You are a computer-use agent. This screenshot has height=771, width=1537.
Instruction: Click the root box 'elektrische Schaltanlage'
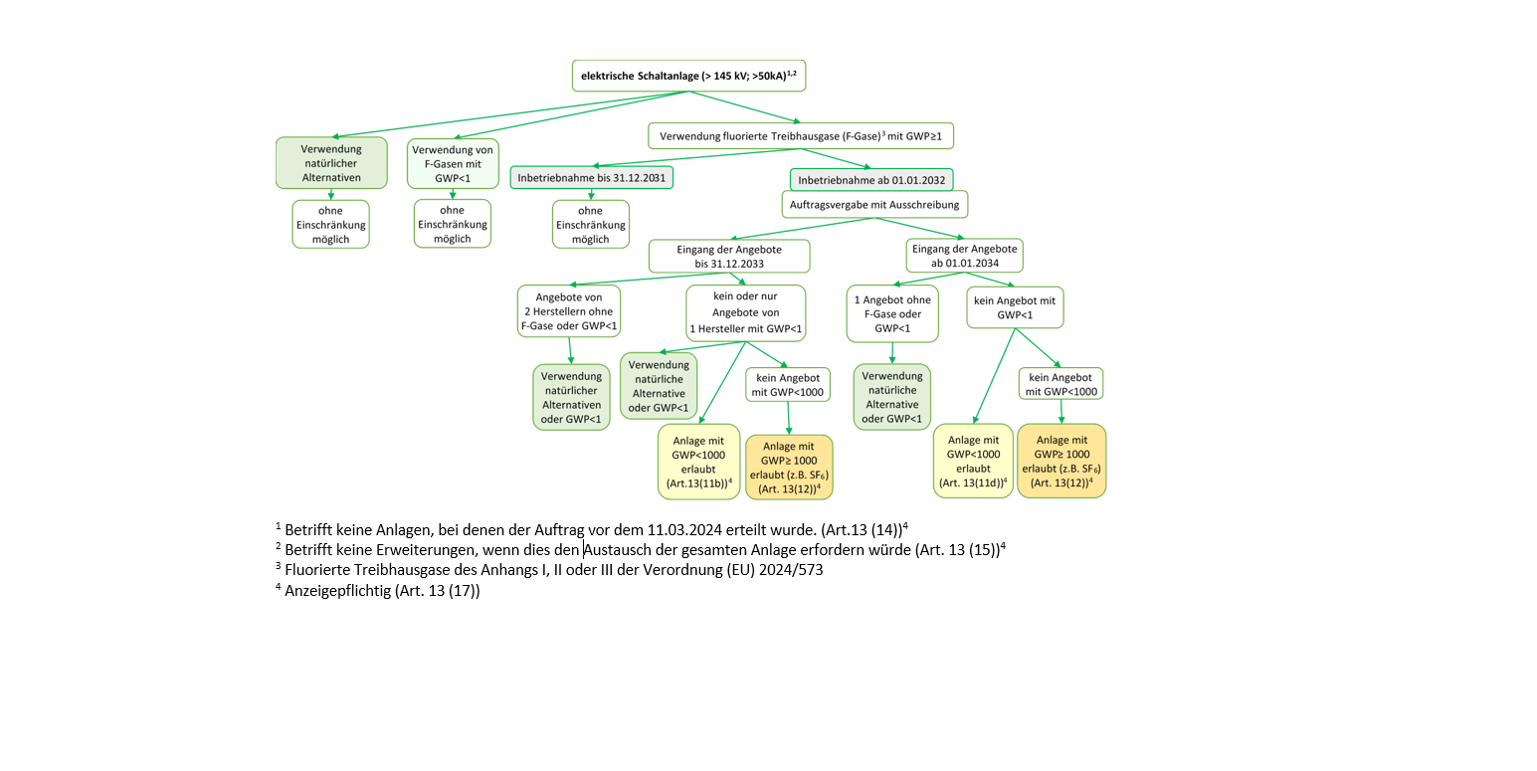pyautogui.click(x=688, y=76)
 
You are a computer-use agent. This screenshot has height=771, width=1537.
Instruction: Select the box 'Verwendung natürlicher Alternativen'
pyautogui.click(x=331, y=162)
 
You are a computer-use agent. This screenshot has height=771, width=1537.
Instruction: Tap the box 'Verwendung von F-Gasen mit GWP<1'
pyautogui.click(x=451, y=162)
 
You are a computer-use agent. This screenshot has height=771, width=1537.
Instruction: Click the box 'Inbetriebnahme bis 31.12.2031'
pyautogui.click(x=592, y=178)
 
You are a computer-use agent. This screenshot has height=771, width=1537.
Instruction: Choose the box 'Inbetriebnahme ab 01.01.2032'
pyautogui.click(x=871, y=180)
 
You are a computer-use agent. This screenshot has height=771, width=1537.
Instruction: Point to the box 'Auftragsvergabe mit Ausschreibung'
pyautogui.click(x=874, y=204)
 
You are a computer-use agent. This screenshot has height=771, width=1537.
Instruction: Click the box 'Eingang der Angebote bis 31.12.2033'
pyautogui.click(x=729, y=256)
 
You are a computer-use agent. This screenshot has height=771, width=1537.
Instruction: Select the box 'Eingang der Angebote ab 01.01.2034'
pyautogui.click(x=964, y=256)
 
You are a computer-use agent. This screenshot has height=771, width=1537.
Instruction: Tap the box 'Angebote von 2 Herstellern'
pyautogui.click(x=569, y=310)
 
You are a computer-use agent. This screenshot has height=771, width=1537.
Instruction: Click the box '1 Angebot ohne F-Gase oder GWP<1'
pyautogui.click(x=892, y=312)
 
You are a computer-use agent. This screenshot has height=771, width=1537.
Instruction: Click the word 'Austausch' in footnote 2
pyautogui.click(x=620, y=549)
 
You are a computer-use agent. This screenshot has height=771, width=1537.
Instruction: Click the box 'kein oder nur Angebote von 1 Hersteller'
pyautogui.click(x=745, y=312)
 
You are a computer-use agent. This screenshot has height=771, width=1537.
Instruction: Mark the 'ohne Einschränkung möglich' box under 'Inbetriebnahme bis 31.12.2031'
pyautogui.click(x=591, y=225)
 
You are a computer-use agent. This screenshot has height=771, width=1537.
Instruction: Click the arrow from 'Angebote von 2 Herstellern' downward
pyautogui.click(x=570, y=350)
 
